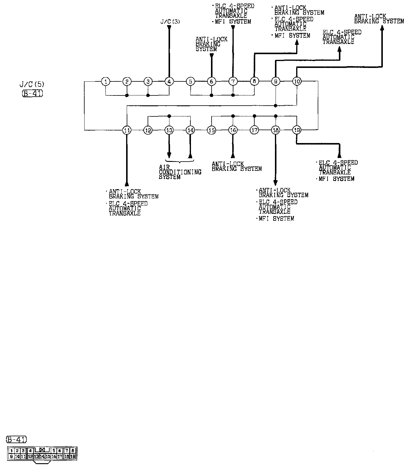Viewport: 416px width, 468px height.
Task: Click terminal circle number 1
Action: (105, 81)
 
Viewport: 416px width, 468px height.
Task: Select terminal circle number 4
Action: (169, 81)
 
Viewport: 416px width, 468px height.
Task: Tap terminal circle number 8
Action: (254, 81)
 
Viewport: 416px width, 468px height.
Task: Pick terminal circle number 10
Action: (297, 81)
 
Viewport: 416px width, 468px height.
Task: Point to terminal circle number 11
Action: (127, 130)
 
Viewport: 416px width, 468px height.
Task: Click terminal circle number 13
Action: (169, 130)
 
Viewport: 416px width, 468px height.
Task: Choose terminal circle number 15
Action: (212, 130)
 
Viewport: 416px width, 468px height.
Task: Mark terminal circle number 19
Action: (297, 130)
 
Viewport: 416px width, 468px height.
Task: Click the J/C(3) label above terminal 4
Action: (170, 22)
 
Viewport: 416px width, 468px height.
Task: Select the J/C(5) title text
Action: (32, 85)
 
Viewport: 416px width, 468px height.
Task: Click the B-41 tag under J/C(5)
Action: (32, 94)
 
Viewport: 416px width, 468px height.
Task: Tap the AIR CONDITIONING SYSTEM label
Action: (180, 172)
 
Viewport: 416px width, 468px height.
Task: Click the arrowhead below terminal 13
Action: (169, 155)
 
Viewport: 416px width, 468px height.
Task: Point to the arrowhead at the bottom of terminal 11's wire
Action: (127, 183)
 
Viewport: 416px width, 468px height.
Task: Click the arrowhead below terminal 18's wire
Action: (276, 183)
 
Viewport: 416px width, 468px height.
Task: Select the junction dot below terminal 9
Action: (276, 106)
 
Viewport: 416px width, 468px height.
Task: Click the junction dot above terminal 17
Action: (254, 116)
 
